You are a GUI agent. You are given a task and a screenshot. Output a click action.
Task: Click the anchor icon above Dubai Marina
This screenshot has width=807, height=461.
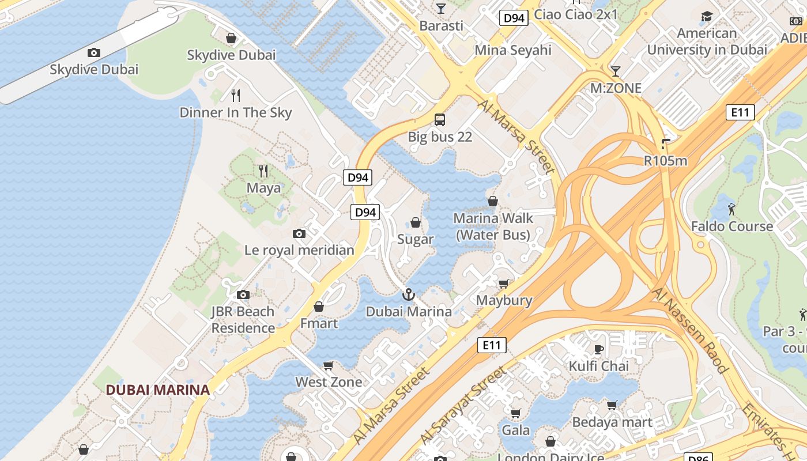click(x=408, y=295)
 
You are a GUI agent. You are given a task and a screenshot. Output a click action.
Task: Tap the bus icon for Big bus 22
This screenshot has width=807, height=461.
click(x=440, y=120)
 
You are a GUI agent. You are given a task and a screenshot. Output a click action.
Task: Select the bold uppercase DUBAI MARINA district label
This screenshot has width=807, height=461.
click(x=157, y=390)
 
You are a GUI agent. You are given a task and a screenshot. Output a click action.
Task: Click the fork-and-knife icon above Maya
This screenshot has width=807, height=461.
click(x=263, y=171)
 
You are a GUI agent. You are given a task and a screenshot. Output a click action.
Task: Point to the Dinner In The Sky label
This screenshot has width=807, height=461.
click(x=236, y=112)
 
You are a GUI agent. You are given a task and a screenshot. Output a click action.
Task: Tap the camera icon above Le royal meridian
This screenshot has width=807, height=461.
click(x=299, y=233)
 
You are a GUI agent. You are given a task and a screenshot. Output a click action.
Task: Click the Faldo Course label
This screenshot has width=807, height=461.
click(x=732, y=226)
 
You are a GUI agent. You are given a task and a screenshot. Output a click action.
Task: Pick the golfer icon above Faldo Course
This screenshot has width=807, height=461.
click(x=732, y=209)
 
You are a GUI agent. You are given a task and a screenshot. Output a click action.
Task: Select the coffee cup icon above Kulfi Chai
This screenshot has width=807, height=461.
click(x=599, y=349)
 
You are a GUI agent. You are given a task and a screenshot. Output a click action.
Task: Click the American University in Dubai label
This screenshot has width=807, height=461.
click(x=707, y=41)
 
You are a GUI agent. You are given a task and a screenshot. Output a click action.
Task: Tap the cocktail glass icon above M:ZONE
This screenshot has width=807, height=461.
click(x=616, y=71)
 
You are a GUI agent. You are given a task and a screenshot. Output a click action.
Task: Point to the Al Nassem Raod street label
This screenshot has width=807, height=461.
click(x=690, y=330)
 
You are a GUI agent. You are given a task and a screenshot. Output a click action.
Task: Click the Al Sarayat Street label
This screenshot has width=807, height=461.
click(x=464, y=405)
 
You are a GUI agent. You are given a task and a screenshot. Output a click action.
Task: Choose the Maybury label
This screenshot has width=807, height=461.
click(x=504, y=300)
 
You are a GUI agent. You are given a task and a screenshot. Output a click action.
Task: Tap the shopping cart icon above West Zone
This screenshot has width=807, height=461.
click(x=329, y=365)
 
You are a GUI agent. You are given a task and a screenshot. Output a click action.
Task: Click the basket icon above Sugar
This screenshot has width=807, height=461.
click(x=415, y=222)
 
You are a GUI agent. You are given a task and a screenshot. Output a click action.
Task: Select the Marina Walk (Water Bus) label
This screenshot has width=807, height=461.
click(x=493, y=226)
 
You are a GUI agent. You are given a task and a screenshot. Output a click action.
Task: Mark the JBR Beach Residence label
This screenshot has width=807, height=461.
click(x=243, y=320)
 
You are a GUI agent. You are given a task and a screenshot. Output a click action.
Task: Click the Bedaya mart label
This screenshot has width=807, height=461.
click(x=612, y=422)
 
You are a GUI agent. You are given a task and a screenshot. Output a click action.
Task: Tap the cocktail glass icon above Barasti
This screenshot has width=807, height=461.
click(x=441, y=9)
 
